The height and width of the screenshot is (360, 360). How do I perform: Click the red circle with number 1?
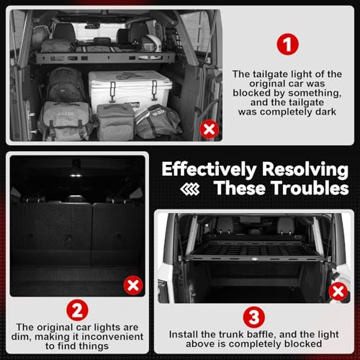click(x=287, y=44)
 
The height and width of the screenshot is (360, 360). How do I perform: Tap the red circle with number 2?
click(x=77, y=310)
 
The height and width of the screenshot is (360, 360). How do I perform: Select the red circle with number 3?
click(x=254, y=318)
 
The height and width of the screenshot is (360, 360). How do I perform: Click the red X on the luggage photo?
click(x=210, y=129)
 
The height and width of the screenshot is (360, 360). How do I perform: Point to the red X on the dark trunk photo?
click(x=133, y=285)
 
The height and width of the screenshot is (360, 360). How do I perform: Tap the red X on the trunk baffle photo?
click(x=338, y=292)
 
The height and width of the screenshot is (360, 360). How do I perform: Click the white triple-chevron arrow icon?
click(x=190, y=189)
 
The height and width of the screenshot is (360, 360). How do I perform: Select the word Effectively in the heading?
click(x=209, y=169)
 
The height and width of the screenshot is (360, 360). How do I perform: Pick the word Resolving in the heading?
click(x=305, y=170)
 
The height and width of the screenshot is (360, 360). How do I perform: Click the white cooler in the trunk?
click(x=130, y=88)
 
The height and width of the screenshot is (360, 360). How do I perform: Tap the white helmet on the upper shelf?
click(x=152, y=43)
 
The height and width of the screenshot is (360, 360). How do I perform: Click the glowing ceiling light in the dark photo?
click(x=76, y=176)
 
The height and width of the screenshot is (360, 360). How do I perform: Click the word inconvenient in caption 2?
click(x=112, y=336)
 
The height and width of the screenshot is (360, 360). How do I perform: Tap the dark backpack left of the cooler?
click(x=65, y=84)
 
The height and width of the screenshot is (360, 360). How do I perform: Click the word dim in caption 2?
click(x=21, y=337)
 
